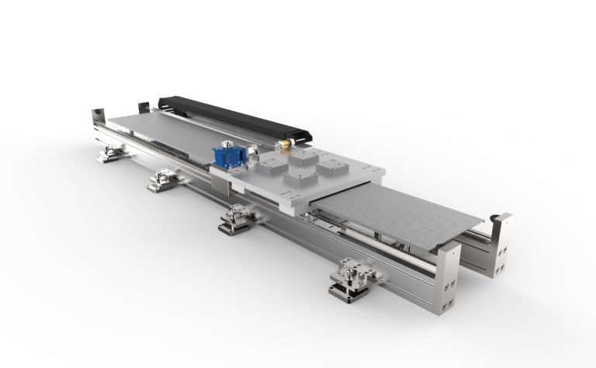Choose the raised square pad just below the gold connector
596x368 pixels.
pos(300,156)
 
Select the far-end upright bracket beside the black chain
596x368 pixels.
pos(143,108)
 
